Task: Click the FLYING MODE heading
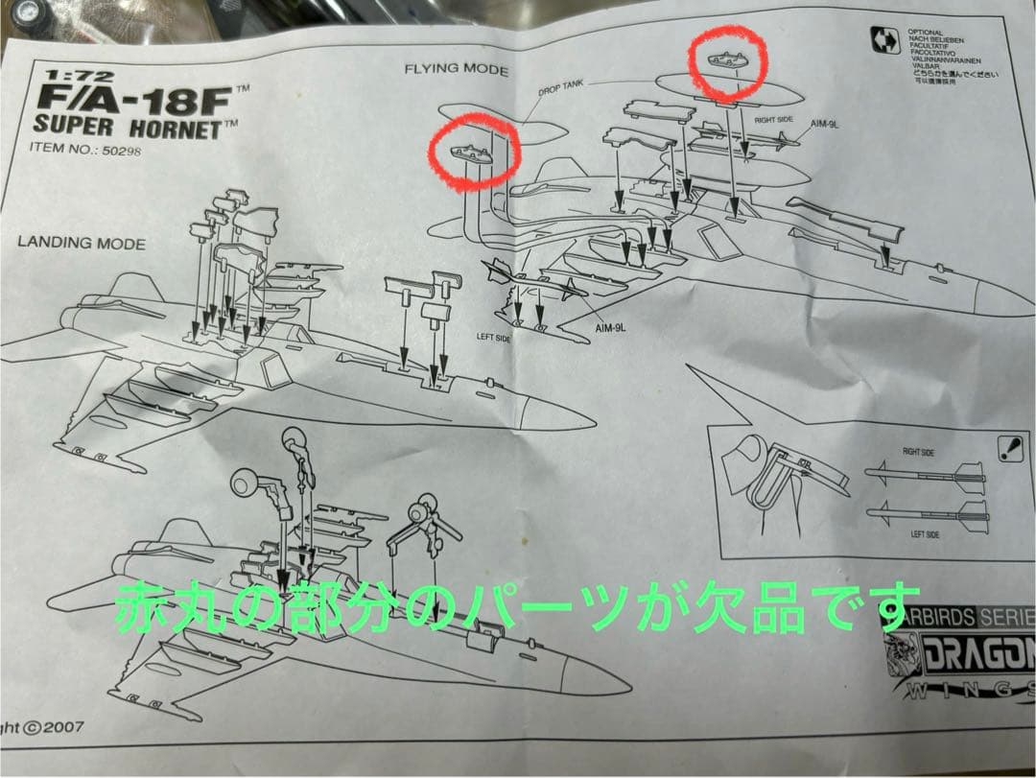[456, 69]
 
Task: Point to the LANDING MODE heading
[82, 243]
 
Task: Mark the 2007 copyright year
[63, 726]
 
